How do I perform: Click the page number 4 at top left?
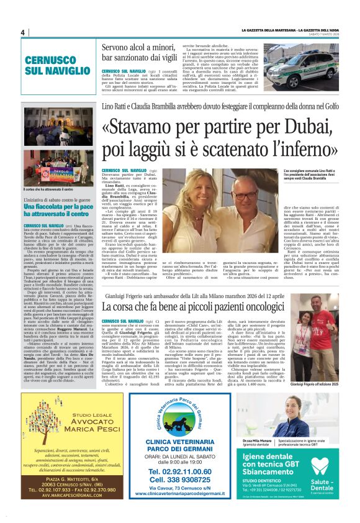point(22,32)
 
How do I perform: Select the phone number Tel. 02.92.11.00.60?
point(179,471)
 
